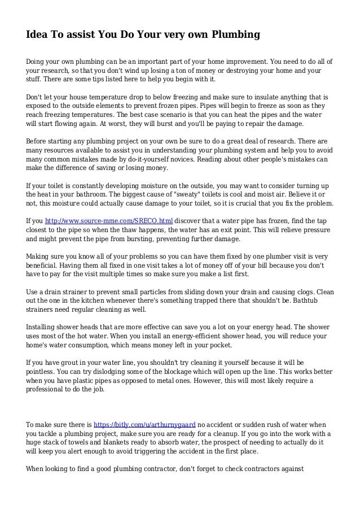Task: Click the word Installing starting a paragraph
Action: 44,325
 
